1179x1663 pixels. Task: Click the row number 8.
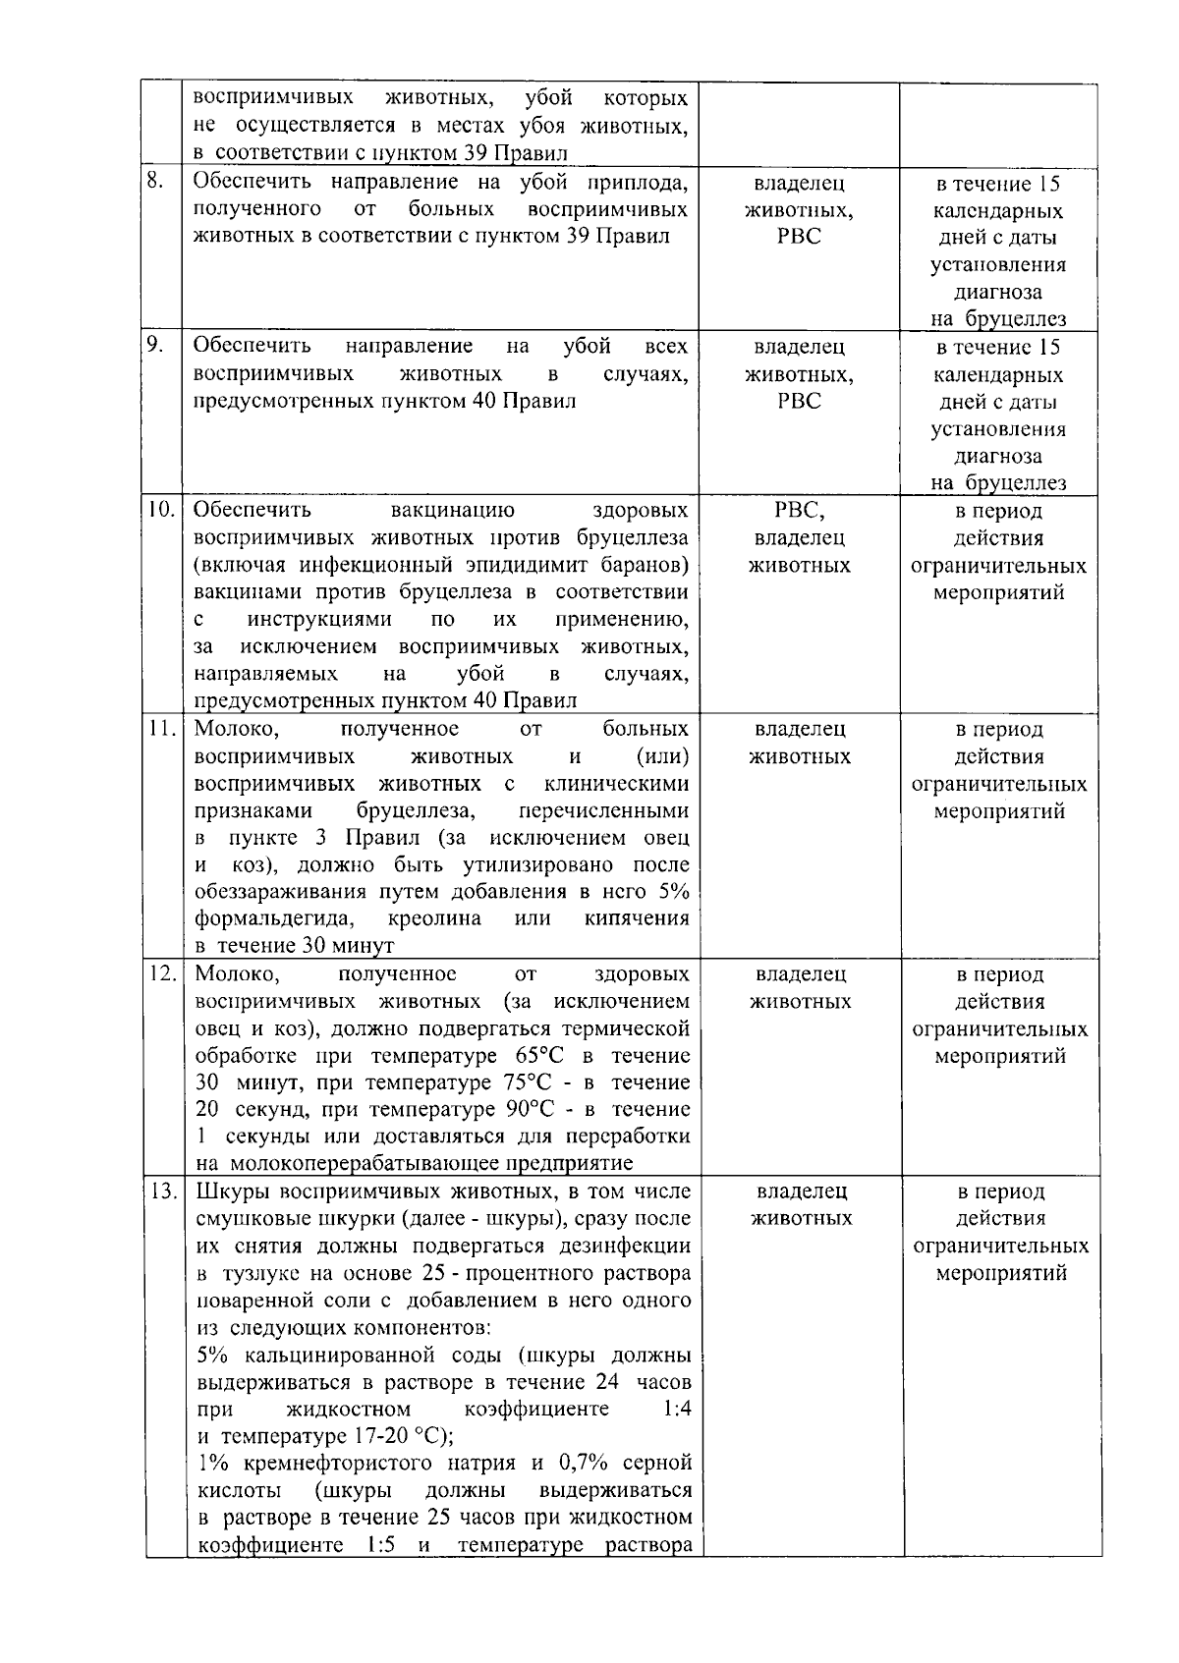156,181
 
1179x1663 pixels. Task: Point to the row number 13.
162,1192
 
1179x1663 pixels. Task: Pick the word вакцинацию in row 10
452,510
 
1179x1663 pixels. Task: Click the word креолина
434,918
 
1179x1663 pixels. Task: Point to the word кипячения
637,918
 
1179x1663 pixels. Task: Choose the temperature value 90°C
529,1110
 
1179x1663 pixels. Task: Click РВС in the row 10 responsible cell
799,511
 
